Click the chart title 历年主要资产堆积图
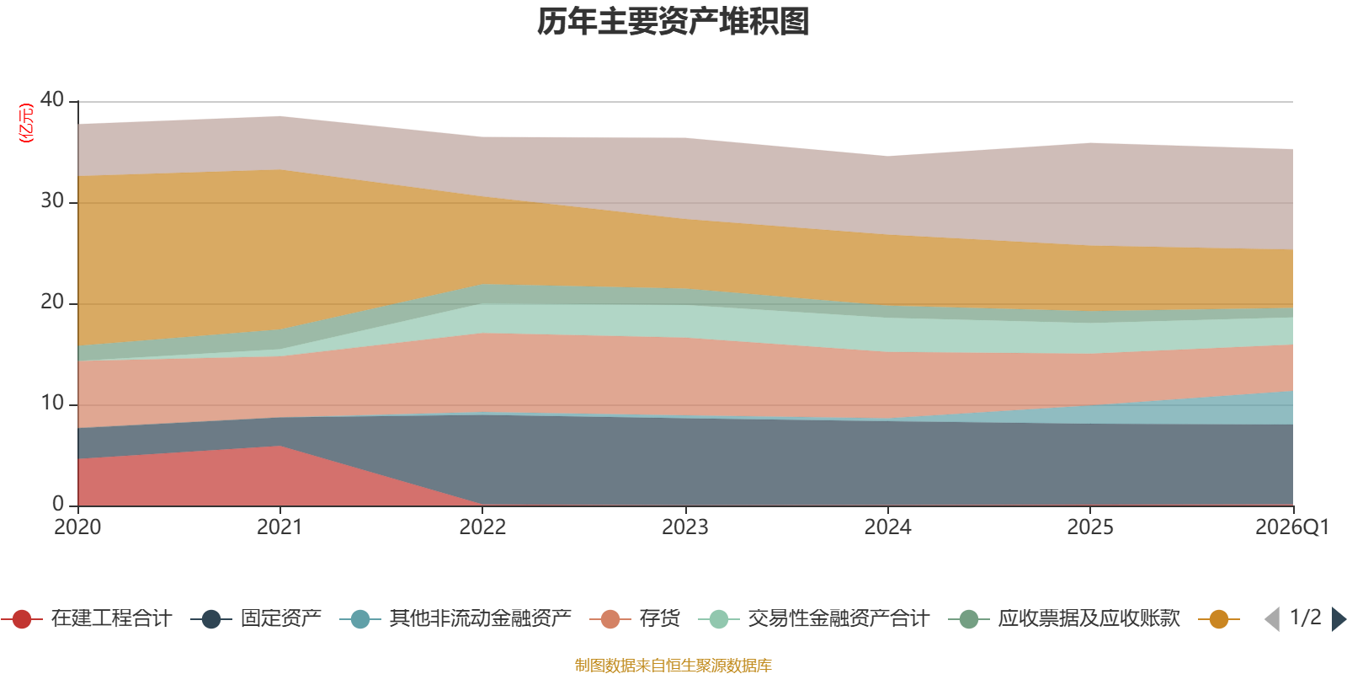click(x=673, y=22)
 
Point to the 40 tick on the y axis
click(x=52, y=99)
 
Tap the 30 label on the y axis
click(x=52, y=201)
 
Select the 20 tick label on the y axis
click(x=52, y=302)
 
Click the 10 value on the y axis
click(x=52, y=403)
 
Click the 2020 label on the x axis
click(x=77, y=527)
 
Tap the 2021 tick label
click(x=280, y=527)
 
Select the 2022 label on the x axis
click(x=482, y=527)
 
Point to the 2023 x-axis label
click(x=685, y=527)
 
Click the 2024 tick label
click(x=887, y=527)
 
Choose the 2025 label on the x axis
click(x=1090, y=527)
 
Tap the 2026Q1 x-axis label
click(x=1291, y=527)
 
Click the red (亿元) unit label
click(x=26, y=123)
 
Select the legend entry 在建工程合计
click(x=87, y=618)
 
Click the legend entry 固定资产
click(x=256, y=618)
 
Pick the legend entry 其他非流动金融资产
click(x=455, y=618)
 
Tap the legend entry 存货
click(x=635, y=618)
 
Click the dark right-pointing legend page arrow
click(x=1339, y=618)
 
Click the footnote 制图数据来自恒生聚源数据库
click(x=673, y=665)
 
